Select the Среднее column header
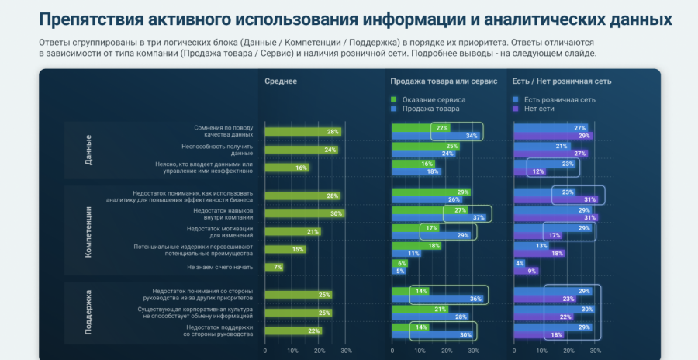pyautogui.click(x=280, y=81)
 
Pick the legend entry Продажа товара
pyautogui.click(x=430, y=109)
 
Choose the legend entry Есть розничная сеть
pyautogui.click(x=559, y=99)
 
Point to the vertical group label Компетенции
pyautogui.click(x=88, y=230)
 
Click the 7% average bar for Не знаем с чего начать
pyautogui.click(x=274, y=268)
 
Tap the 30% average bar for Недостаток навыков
pyautogui.click(x=304, y=213)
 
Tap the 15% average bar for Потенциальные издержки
pyautogui.click(x=285, y=249)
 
